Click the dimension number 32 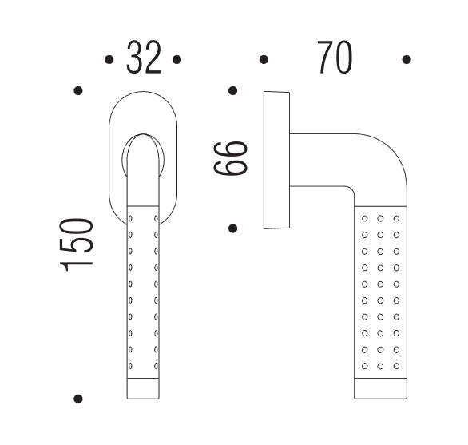pos(144,58)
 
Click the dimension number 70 pos(335,58)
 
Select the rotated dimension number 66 pos(231,158)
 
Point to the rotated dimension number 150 pos(77,245)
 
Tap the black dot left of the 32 pos(109,59)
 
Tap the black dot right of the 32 pos(177,59)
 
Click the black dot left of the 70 pos(264,59)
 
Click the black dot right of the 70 pos(407,59)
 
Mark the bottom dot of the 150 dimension pos(78,399)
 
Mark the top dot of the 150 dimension pos(78,90)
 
